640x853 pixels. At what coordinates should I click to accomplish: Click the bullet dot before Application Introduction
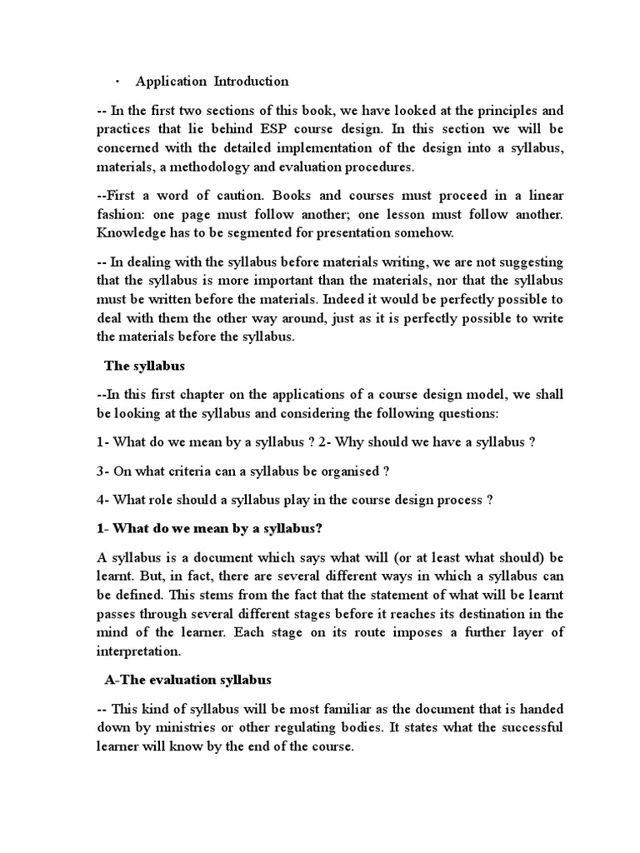pos(117,82)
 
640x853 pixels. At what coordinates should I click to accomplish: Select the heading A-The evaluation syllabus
pos(187,680)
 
